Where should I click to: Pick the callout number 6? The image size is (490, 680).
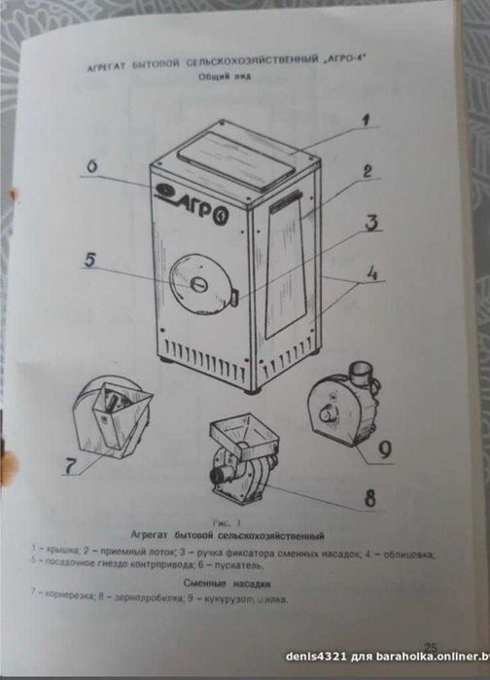89,166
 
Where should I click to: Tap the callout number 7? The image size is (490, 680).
69,466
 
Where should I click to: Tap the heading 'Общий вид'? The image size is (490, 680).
225,77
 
